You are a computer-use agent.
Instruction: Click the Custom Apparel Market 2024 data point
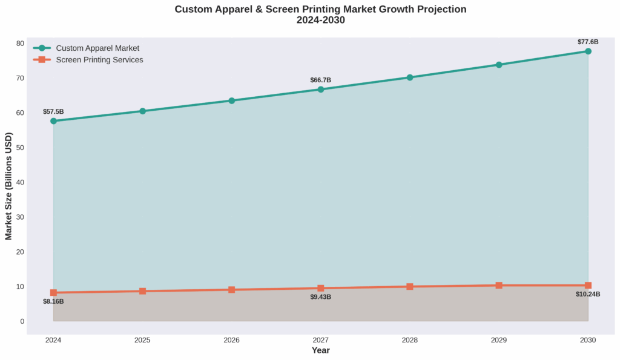(53, 121)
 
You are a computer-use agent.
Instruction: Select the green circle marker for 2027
(320, 90)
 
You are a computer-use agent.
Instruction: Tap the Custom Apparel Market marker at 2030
(588, 51)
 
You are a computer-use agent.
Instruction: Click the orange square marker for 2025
(142, 291)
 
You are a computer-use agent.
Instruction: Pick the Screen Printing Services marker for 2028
(410, 287)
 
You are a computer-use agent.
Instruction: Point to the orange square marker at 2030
(588, 286)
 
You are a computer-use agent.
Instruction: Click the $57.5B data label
(53, 112)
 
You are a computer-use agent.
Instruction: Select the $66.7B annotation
(320, 80)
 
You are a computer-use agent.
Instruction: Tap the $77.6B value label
(588, 42)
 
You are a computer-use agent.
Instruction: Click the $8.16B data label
(53, 301)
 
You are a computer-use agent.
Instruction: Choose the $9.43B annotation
(320, 297)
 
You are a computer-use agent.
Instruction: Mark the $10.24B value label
(588, 295)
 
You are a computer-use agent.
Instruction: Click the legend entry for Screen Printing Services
(99, 60)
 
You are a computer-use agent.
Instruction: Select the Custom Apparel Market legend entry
(97, 48)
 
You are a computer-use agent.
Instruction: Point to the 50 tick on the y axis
(37, 148)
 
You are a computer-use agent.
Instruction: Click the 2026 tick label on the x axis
(231, 340)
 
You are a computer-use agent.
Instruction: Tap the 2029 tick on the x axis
(499, 340)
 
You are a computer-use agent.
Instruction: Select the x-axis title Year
(320, 350)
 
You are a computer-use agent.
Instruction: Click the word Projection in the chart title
(436, 9)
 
